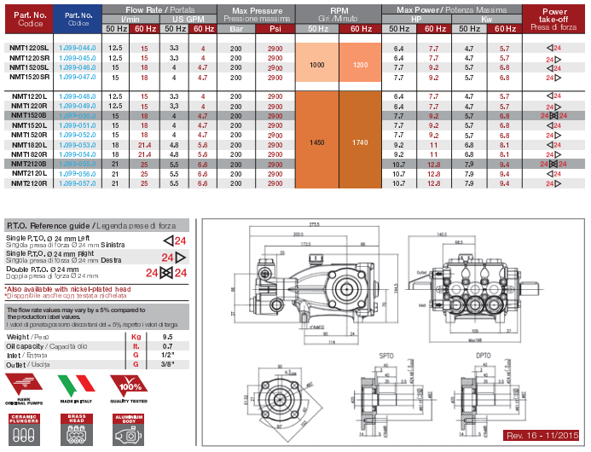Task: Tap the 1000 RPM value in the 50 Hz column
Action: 316,65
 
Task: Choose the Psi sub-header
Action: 275,29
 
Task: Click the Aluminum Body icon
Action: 125,429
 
